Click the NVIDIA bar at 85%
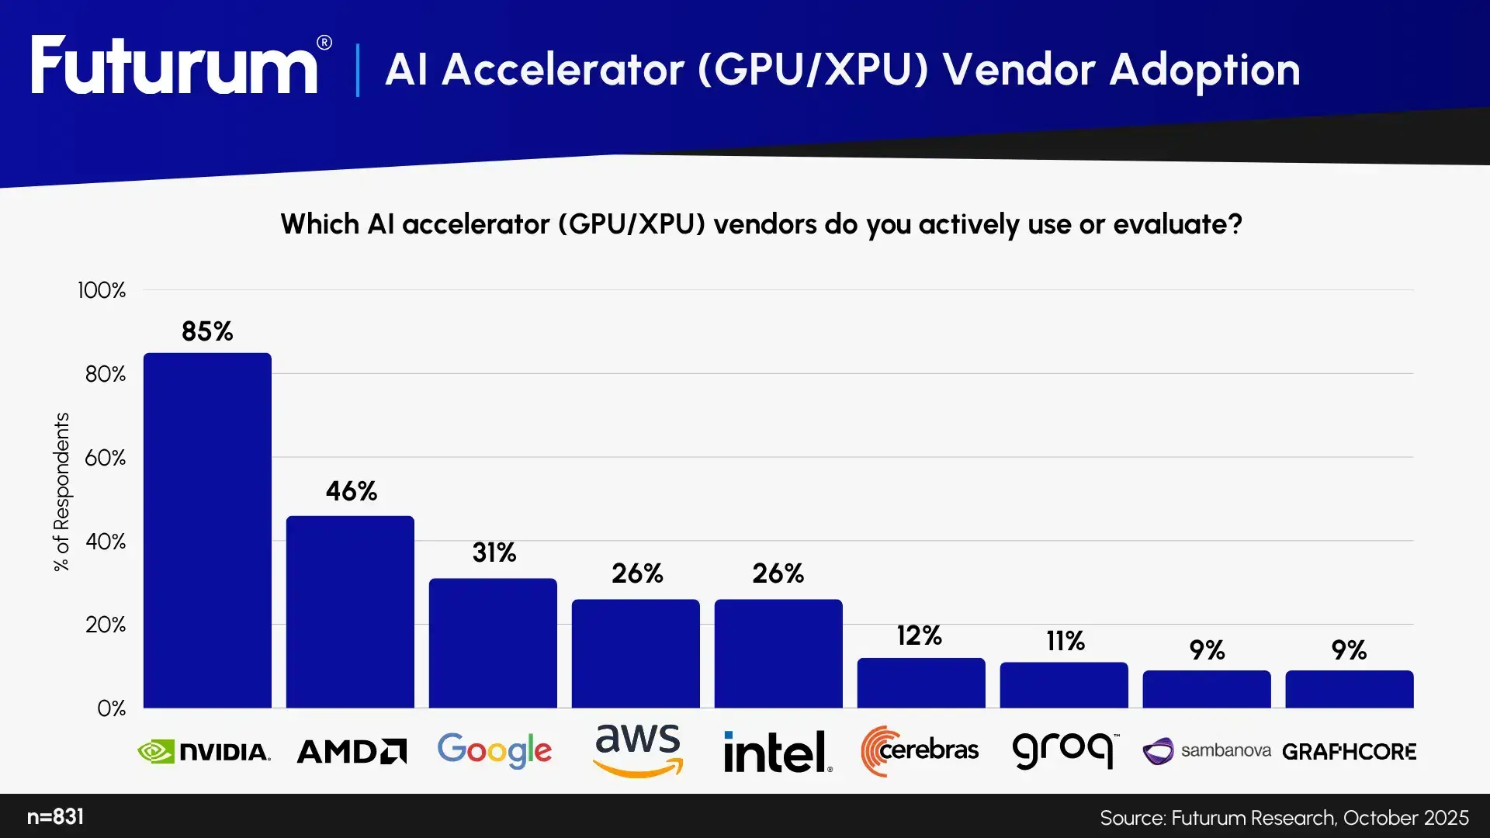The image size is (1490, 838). (x=207, y=531)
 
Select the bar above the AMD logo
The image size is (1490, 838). (x=350, y=612)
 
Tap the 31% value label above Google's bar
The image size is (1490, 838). (x=494, y=552)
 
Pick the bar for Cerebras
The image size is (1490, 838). (x=921, y=683)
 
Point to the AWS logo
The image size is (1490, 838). (x=637, y=750)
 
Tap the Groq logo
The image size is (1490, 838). (x=1065, y=750)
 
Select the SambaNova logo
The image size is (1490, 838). (x=1207, y=751)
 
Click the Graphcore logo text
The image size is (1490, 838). (x=1349, y=752)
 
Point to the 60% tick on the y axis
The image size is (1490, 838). (x=105, y=458)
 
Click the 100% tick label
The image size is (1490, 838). (x=101, y=290)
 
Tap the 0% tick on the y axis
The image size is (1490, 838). (x=111, y=708)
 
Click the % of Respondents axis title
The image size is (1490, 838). (x=61, y=492)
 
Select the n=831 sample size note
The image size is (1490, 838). (x=55, y=817)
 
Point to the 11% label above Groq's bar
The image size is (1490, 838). (x=1065, y=641)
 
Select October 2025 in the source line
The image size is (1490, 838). (x=1405, y=818)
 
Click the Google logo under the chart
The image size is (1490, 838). (x=494, y=751)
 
